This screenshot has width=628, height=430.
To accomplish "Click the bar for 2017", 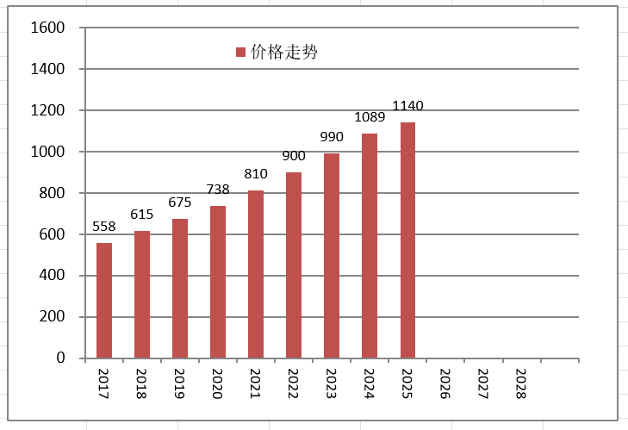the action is (x=104, y=301).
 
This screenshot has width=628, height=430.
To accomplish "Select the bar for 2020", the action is (x=218, y=282).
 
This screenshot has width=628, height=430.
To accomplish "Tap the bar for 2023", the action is (x=332, y=256).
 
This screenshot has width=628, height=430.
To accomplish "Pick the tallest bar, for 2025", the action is (x=407, y=240).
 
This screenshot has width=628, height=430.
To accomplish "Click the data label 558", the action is (x=104, y=227).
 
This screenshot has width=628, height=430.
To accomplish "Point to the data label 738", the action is (x=218, y=190).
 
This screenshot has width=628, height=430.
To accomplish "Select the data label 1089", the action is (x=370, y=117).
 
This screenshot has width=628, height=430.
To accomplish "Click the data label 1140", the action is (x=407, y=106).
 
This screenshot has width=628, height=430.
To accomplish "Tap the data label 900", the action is (x=294, y=155).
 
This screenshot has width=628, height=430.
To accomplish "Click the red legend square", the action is (x=240, y=52).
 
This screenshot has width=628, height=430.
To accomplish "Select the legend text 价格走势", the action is (x=284, y=52).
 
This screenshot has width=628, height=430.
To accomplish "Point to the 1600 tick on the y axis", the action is (x=47, y=28).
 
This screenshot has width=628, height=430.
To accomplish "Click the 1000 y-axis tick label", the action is (x=47, y=152).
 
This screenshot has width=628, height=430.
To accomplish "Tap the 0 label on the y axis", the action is (x=60, y=358).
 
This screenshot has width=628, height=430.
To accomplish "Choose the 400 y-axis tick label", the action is (x=52, y=275).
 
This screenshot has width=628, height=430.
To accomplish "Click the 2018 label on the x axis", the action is (x=141, y=383).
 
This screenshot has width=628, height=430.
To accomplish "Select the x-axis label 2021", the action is (x=255, y=383).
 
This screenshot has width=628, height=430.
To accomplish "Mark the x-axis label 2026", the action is (x=445, y=383).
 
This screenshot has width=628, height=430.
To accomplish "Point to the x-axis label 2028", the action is (x=520, y=383).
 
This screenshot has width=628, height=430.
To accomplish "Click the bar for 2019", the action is (x=180, y=289).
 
